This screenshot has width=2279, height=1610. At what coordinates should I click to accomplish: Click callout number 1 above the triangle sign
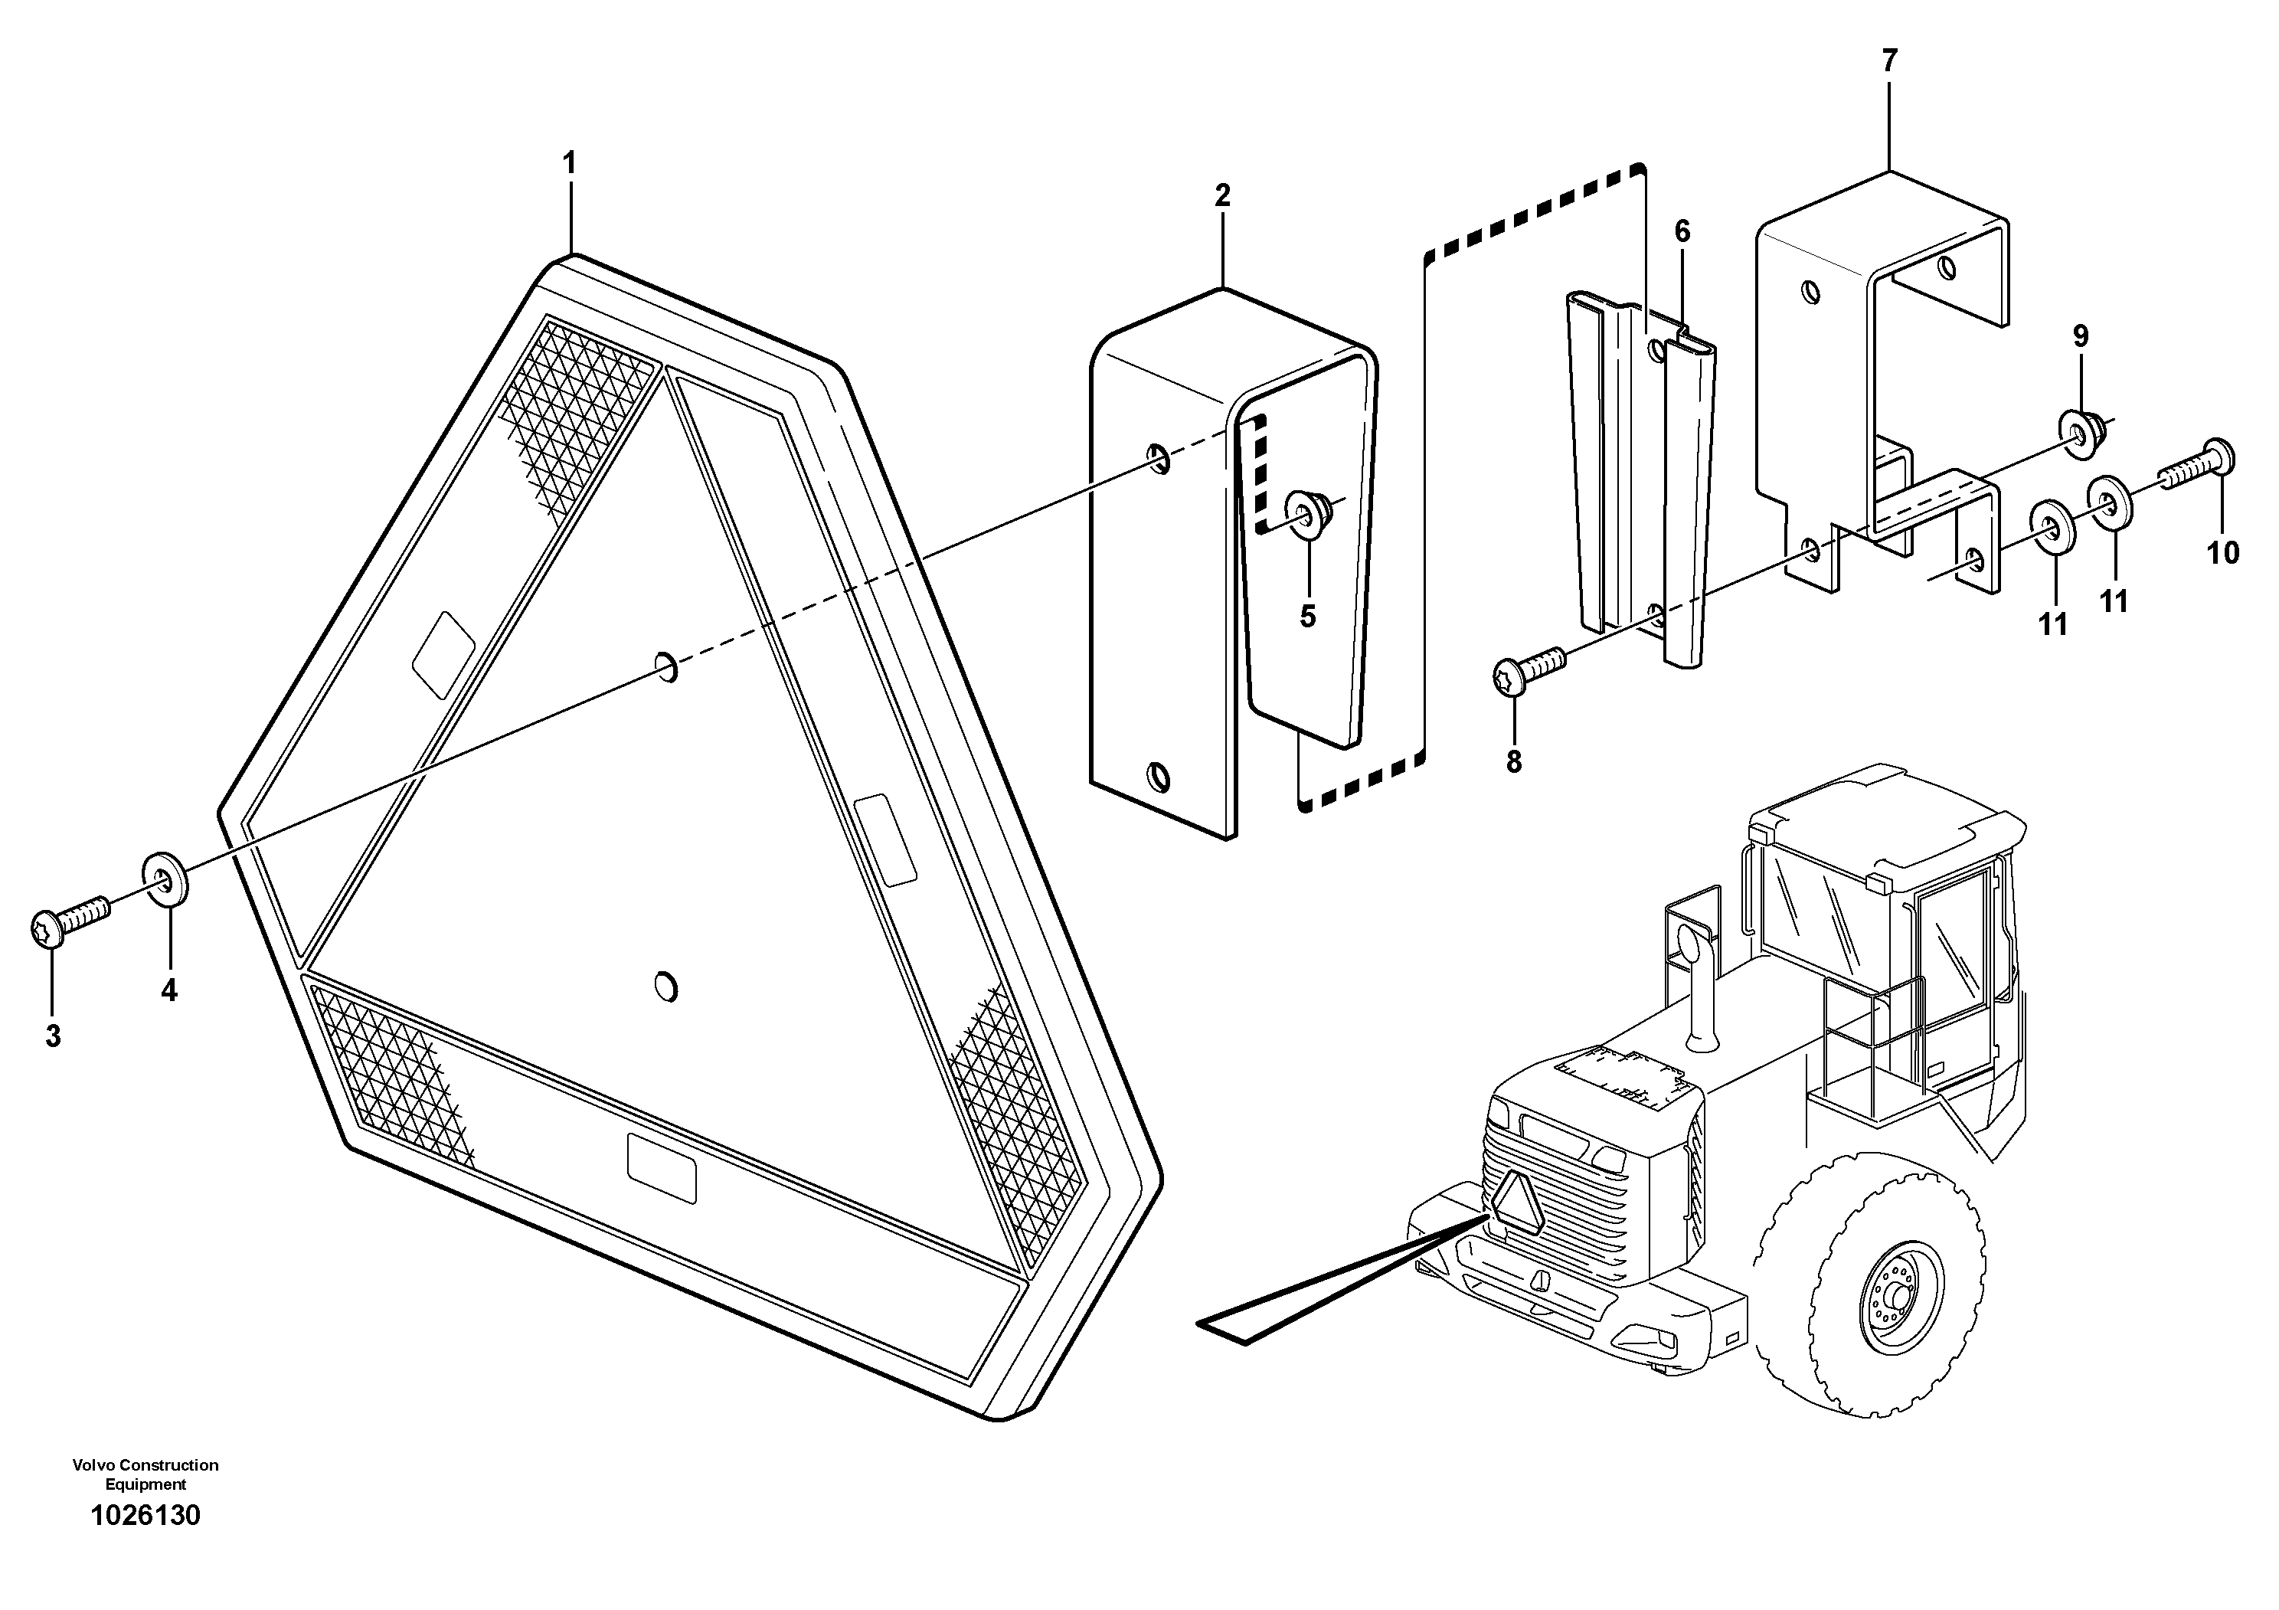pyautogui.click(x=569, y=164)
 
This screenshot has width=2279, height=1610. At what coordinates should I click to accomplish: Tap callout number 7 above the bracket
pyautogui.click(x=1889, y=61)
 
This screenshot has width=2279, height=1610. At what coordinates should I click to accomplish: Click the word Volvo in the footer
pyautogui.click(x=90, y=1465)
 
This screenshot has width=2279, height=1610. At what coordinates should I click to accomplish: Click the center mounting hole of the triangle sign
pyautogui.click(x=667, y=667)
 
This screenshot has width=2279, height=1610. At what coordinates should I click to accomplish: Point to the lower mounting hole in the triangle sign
pyautogui.click(x=666, y=987)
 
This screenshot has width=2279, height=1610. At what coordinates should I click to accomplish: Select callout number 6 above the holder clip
pyautogui.click(x=1682, y=232)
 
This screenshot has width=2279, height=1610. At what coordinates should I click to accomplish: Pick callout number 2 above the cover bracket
pyautogui.click(x=1222, y=195)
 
